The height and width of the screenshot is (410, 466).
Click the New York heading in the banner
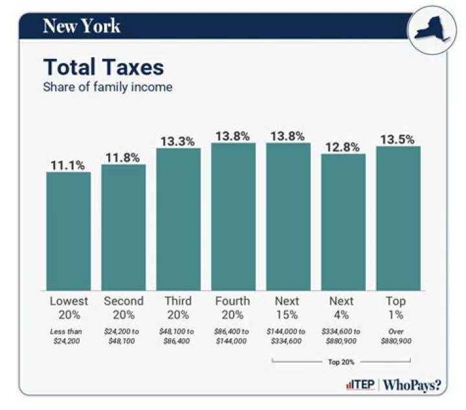[81, 26]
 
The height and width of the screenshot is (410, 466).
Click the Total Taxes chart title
[103, 67]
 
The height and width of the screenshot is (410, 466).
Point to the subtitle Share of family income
[107, 87]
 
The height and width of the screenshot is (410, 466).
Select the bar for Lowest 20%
[68, 231]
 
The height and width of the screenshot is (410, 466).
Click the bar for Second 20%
[123, 227]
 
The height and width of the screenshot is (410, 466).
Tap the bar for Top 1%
[398, 218]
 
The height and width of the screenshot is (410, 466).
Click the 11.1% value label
[68, 165]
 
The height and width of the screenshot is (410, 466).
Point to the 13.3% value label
[178, 141]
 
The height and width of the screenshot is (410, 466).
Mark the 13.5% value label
[398, 139]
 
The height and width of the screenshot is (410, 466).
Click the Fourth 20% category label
[233, 308]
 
